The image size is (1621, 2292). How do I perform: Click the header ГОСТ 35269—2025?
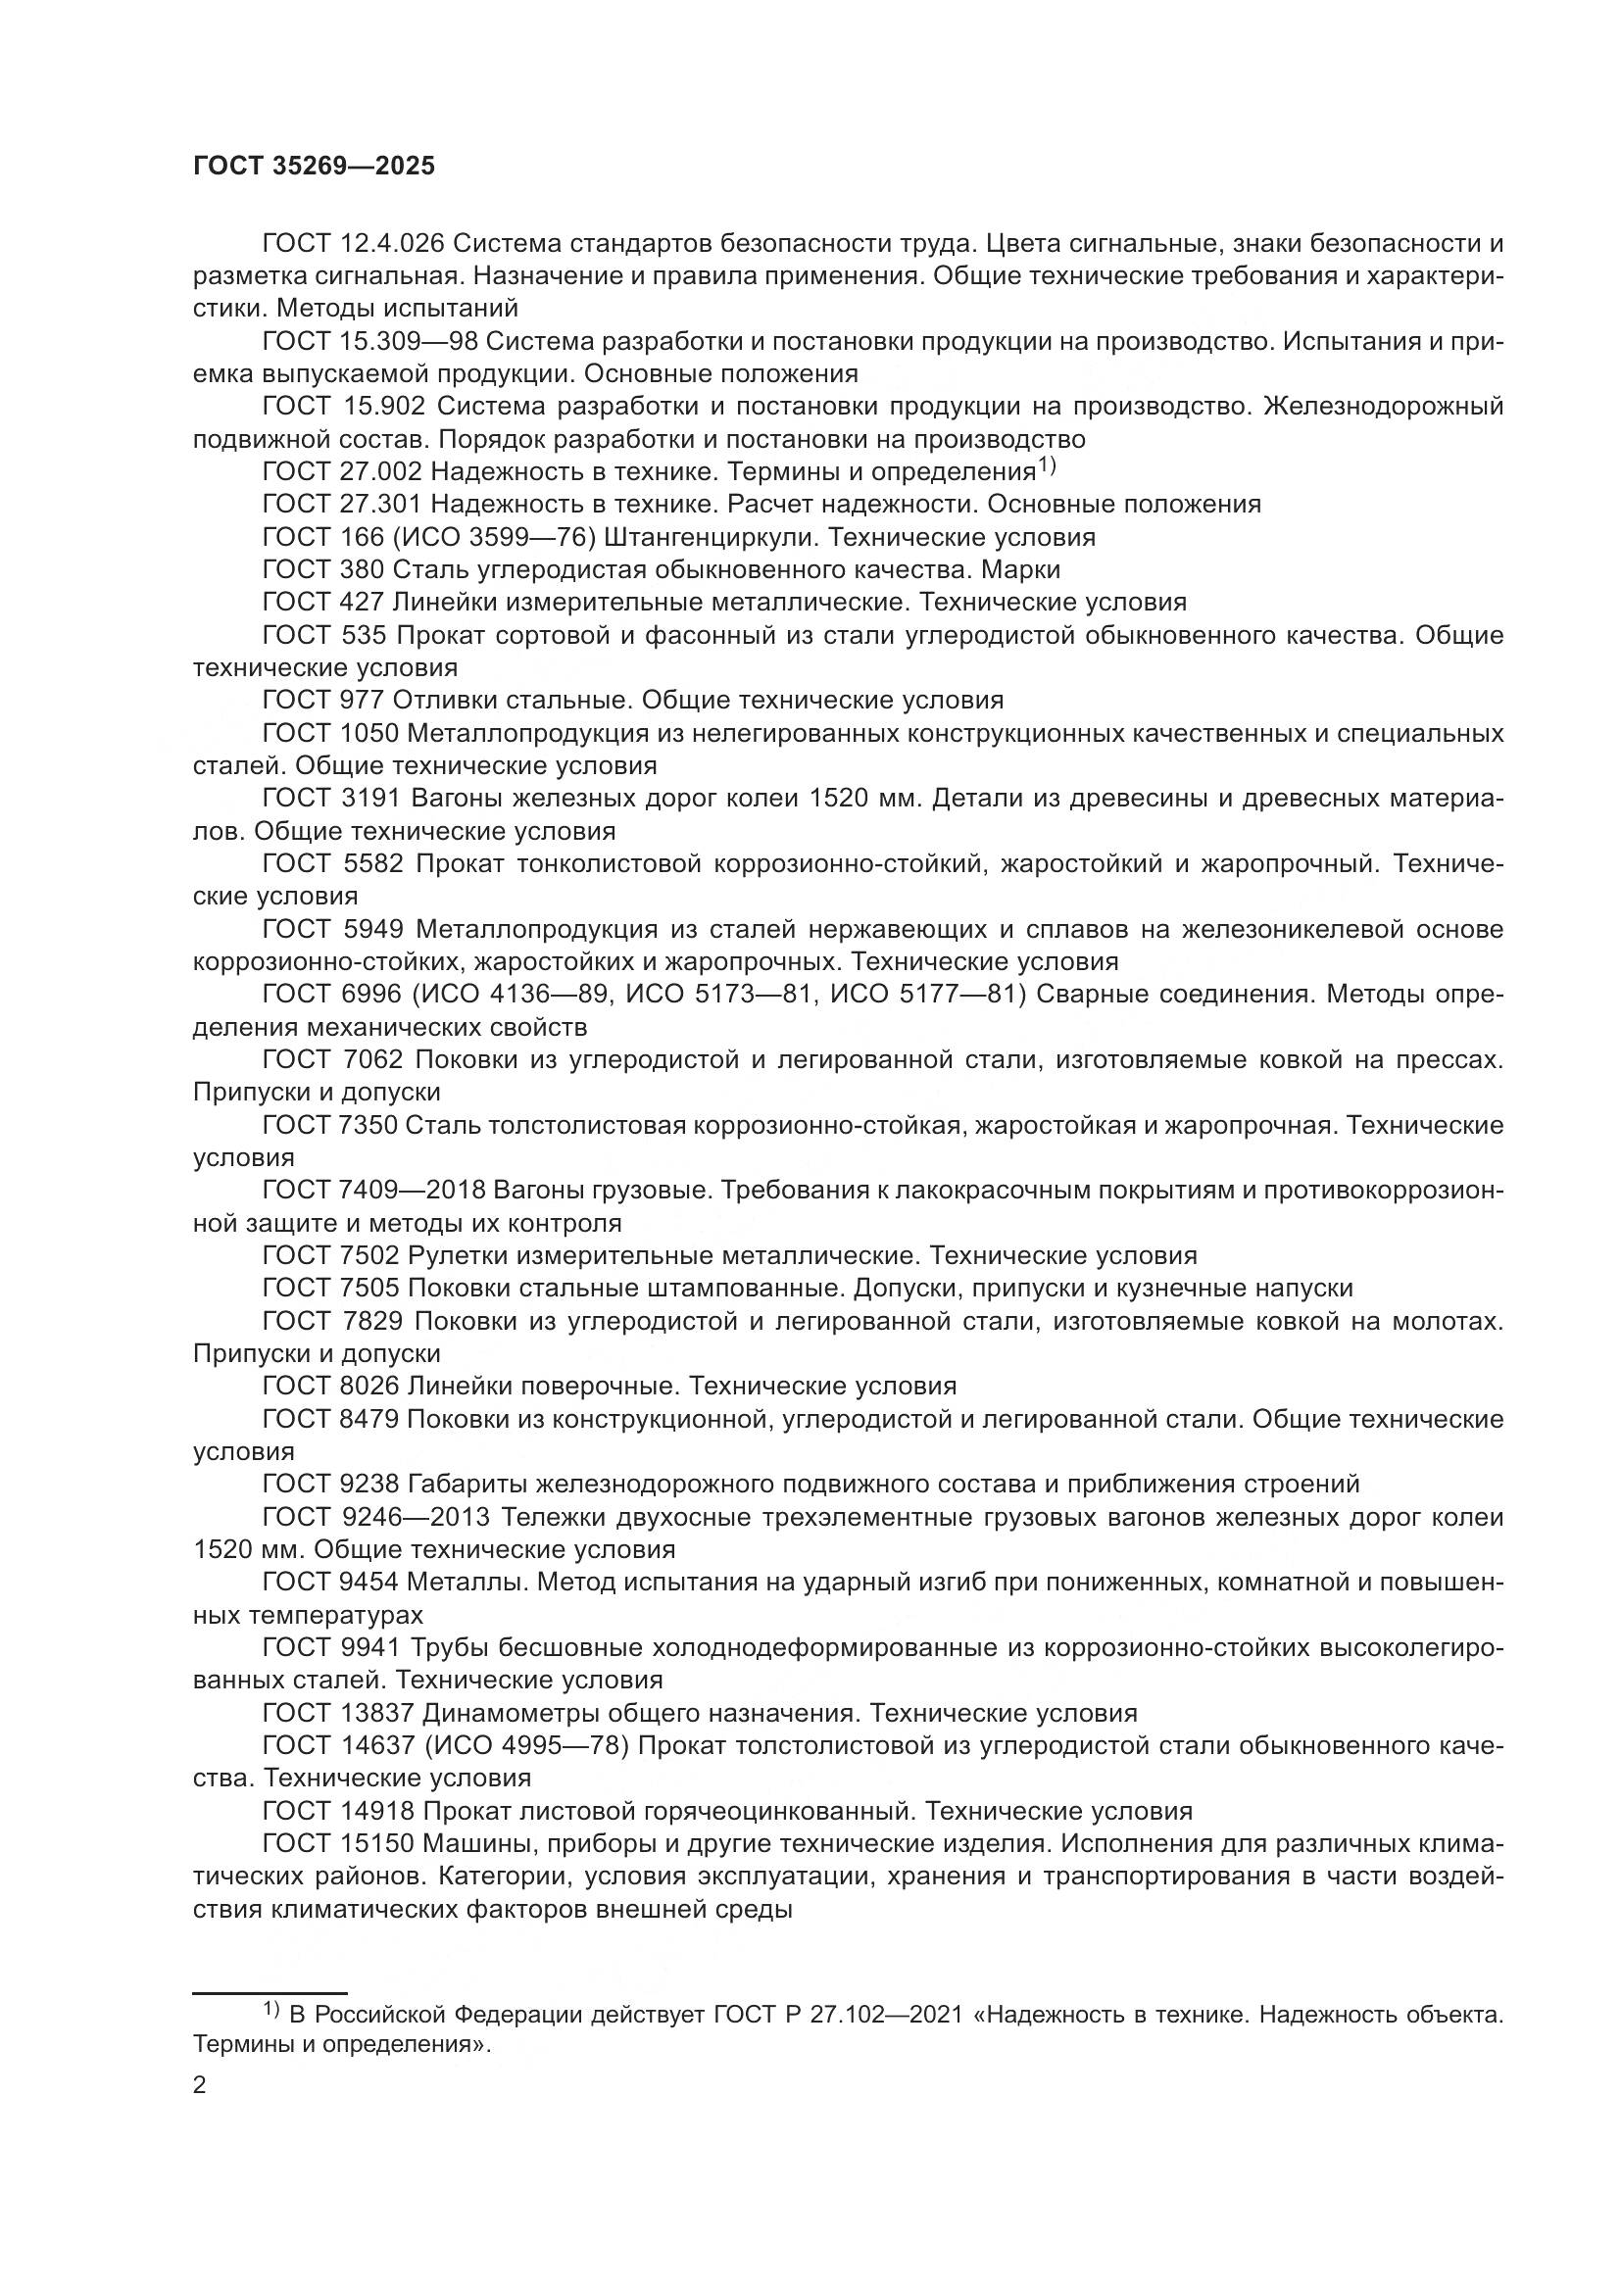coord(315,167)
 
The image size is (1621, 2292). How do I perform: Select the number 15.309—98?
coord(411,341)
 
